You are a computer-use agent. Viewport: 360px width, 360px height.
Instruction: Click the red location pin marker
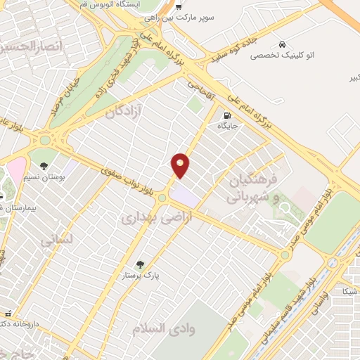[x=181, y=165]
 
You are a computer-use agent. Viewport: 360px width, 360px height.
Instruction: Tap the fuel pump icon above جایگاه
[x=226, y=116]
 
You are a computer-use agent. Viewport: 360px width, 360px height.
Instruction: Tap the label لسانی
[x=57, y=241]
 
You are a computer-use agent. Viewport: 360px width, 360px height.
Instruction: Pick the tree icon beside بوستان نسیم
[x=44, y=167]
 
